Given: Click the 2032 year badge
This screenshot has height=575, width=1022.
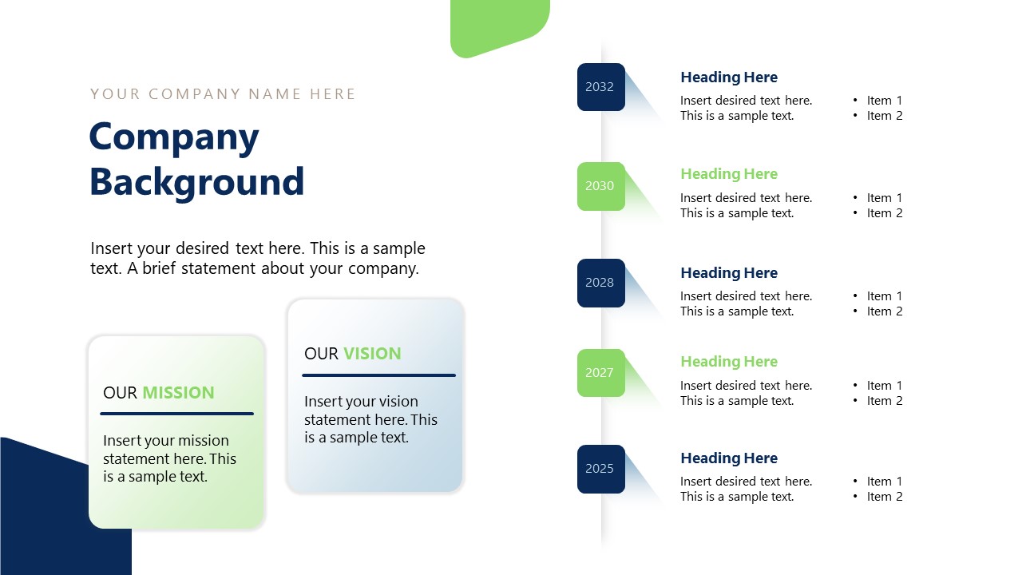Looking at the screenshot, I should [600, 87].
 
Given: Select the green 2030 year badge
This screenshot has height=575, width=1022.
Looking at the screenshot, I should [600, 186].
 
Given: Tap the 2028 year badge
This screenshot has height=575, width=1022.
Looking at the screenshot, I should [600, 283].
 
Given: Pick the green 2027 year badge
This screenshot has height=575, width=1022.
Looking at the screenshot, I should [600, 373].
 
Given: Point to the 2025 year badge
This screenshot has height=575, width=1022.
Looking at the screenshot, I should [600, 469].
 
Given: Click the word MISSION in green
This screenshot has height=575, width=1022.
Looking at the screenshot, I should [178, 393].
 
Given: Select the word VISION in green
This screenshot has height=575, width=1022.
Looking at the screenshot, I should [372, 354].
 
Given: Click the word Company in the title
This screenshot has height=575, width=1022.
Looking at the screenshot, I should [174, 137].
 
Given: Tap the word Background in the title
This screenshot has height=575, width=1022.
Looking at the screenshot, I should [196, 182].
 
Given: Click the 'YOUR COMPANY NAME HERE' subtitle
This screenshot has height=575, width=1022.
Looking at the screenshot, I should [223, 94].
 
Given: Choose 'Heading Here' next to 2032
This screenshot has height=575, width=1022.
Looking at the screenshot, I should [728, 77].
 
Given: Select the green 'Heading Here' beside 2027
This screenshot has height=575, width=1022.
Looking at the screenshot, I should [728, 362].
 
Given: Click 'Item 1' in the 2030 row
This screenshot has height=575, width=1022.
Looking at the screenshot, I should [884, 198].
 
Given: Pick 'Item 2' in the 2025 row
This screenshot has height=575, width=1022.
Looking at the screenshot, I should [884, 497].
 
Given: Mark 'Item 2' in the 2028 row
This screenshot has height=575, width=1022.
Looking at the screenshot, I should [884, 311].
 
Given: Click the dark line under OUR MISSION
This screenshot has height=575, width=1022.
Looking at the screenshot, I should [176, 414].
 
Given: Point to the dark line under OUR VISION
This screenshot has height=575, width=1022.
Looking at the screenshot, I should [378, 375].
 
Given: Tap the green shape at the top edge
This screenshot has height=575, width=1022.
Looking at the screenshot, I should [499, 24].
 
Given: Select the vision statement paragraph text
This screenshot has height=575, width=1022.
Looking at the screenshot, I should [370, 419].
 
